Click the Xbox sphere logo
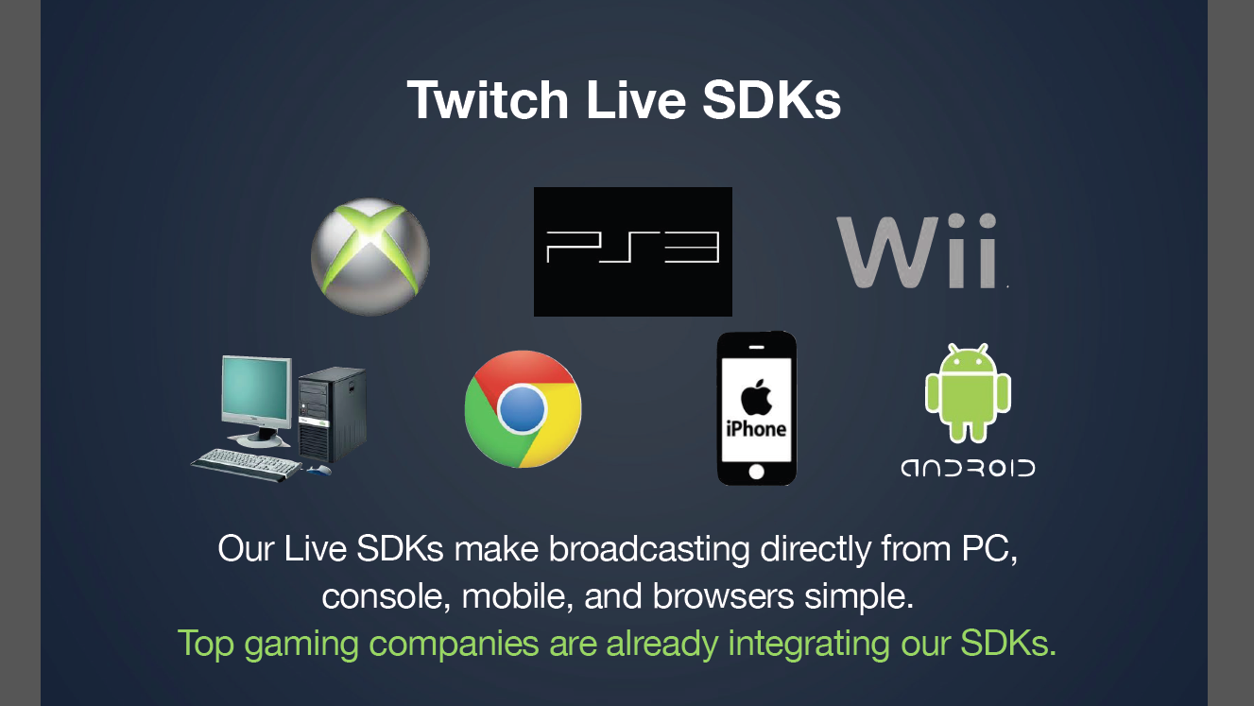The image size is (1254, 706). pos(370,256)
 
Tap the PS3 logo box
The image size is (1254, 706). pos(632,251)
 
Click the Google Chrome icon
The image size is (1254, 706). pos(523,409)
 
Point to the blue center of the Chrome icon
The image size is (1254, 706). pos(522,409)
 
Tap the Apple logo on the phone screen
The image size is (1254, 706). pos(756,397)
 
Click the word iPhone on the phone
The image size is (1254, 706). pos(756,429)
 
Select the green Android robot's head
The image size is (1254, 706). pos(968,359)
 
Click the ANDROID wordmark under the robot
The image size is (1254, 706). pos(968,468)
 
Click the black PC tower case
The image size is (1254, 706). pos(332,415)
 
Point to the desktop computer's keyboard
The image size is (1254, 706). pos(247,465)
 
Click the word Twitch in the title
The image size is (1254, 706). pos(488,100)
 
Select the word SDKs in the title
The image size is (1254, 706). pos(771,100)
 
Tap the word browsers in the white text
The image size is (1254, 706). pos(723,595)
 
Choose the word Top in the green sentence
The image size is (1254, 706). pos(205,644)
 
